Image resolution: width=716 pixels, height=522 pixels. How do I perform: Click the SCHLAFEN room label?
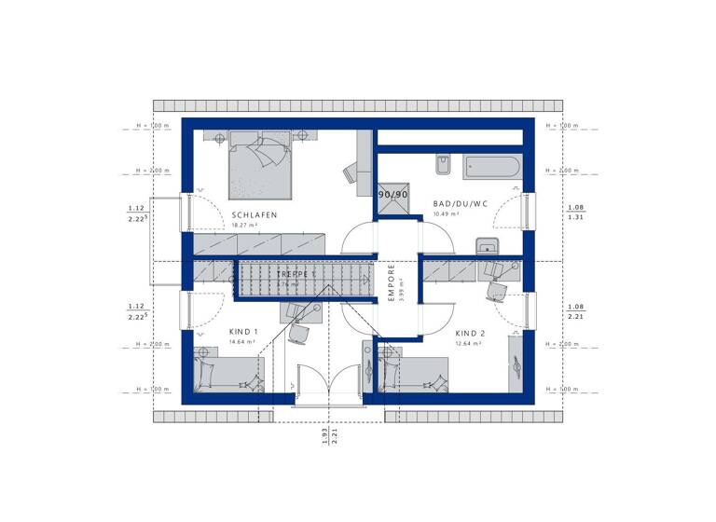pos(255,215)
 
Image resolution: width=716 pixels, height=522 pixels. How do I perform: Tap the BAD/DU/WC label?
pos(460,203)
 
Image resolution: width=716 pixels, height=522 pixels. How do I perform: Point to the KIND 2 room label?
pos(470,333)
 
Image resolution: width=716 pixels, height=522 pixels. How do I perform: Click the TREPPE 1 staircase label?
pos(296,275)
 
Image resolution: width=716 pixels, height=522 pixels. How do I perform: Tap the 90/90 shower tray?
pos(392,195)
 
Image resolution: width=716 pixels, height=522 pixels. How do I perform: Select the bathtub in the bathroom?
pos(492,168)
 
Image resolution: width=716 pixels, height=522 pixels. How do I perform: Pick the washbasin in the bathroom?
pos(487,246)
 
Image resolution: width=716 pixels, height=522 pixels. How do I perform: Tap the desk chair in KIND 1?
pos(298,331)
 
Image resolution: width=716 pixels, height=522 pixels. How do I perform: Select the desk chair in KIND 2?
pos(494,292)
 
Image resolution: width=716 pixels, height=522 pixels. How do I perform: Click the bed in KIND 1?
pos(229,374)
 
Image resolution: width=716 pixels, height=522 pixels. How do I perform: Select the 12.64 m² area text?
pos(469,343)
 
